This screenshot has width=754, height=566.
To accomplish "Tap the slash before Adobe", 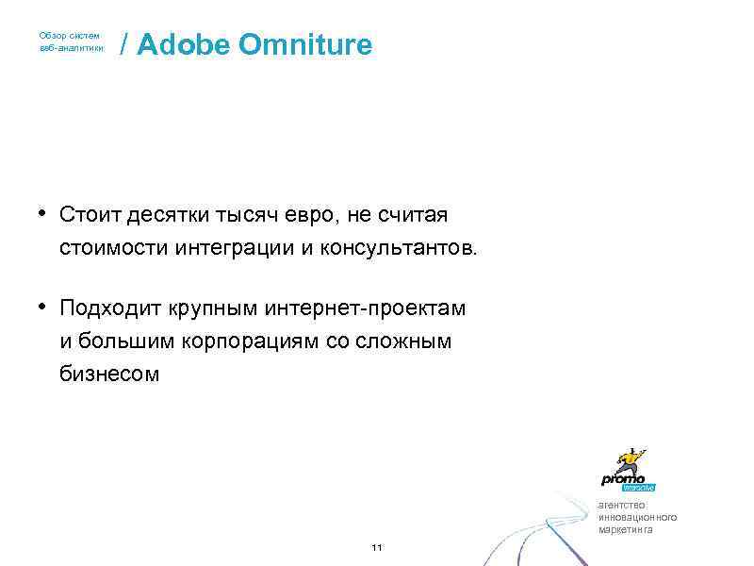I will pyautogui.click(x=125, y=44).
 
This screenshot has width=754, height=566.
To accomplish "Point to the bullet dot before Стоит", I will pyautogui.click(x=44, y=213).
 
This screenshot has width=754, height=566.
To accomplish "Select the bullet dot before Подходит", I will pyautogui.click(x=44, y=307).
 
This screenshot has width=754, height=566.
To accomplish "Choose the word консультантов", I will pyautogui.click(x=412, y=249).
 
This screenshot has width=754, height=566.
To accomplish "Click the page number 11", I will pyautogui.click(x=377, y=548).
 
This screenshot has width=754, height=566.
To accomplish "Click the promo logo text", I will pyautogui.click(x=623, y=478).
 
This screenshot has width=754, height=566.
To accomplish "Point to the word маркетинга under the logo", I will pyautogui.click(x=625, y=529).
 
